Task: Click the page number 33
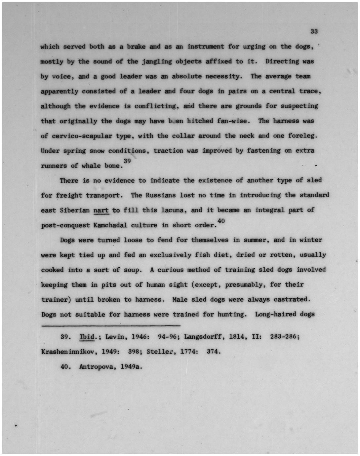click(314, 31)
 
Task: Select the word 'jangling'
click(156, 61)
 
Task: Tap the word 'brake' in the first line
click(136, 47)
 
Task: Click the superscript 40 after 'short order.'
click(221, 220)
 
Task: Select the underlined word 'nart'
click(101, 210)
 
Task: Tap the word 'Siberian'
click(75, 210)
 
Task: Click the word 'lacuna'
click(173, 210)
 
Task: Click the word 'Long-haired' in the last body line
click(273, 314)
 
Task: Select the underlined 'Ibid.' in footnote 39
click(87, 337)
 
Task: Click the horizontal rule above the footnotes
click(111, 326)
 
